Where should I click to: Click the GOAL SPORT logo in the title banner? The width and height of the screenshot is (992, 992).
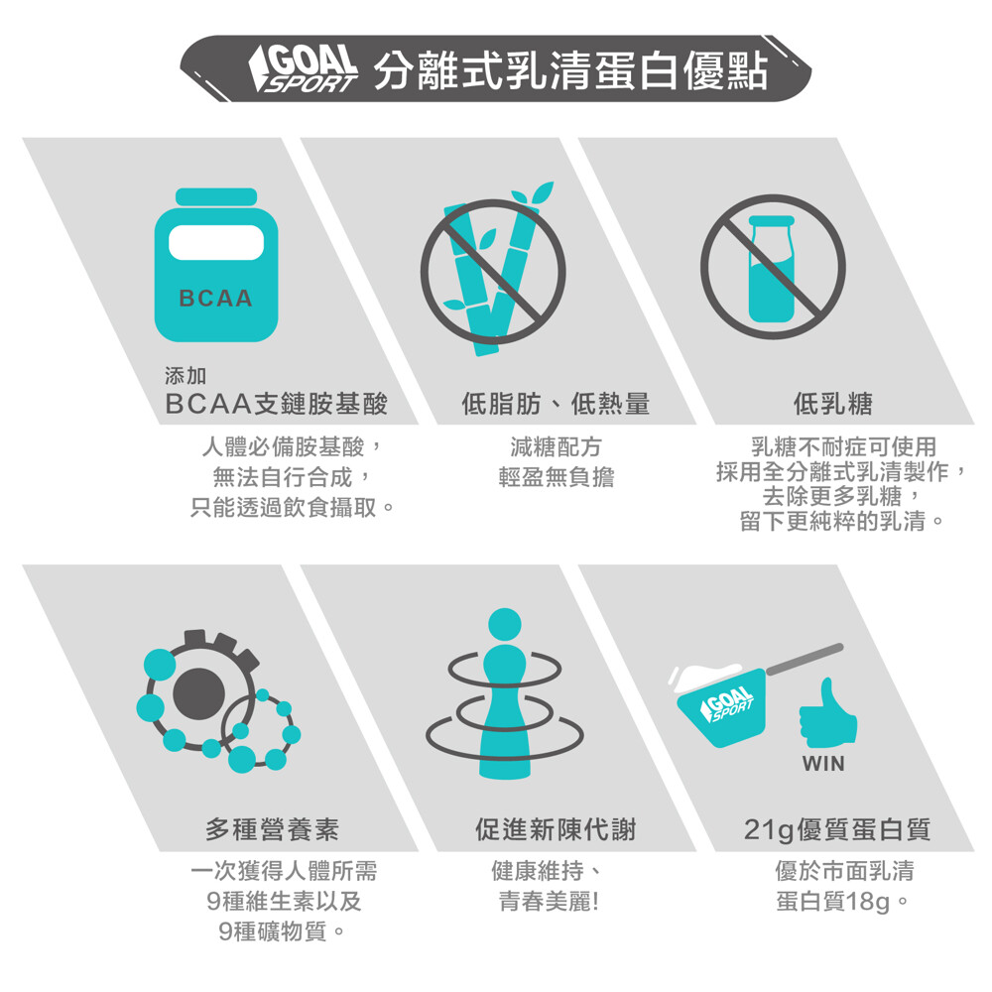tap(303, 68)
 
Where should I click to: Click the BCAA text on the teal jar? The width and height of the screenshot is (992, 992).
tap(215, 298)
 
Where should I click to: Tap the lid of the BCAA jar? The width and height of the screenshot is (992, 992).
tap(216, 196)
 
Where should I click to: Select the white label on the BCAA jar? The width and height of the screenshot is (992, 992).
tap(216, 242)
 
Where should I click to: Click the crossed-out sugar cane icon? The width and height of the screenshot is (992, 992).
tap(493, 271)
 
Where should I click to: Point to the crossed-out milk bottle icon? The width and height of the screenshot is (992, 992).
tap(773, 266)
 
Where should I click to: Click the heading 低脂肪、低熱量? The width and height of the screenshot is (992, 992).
tap(556, 404)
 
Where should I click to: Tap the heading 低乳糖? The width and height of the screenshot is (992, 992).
tap(833, 404)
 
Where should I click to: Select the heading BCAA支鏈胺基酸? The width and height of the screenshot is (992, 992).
tap(276, 404)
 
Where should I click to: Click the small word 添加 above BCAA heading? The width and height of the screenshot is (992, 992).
tap(186, 376)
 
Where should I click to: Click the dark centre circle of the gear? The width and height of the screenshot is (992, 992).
tap(198, 693)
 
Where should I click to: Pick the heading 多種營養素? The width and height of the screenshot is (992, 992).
tap(272, 829)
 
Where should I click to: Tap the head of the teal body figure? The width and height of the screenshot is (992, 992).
tap(505, 625)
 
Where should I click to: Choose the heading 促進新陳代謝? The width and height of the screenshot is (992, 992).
tap(556, 829)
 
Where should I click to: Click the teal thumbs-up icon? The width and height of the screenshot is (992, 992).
tap(828, 712)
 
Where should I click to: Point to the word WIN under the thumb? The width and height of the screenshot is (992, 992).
tap(823, 764)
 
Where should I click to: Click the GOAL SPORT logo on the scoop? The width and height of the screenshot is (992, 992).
tap(727, 704)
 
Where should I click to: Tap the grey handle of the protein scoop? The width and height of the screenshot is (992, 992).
tap(805, 659)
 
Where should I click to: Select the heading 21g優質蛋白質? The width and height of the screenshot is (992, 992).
tap(837, 829)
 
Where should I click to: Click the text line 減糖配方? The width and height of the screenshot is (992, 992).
tap(556, 447)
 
